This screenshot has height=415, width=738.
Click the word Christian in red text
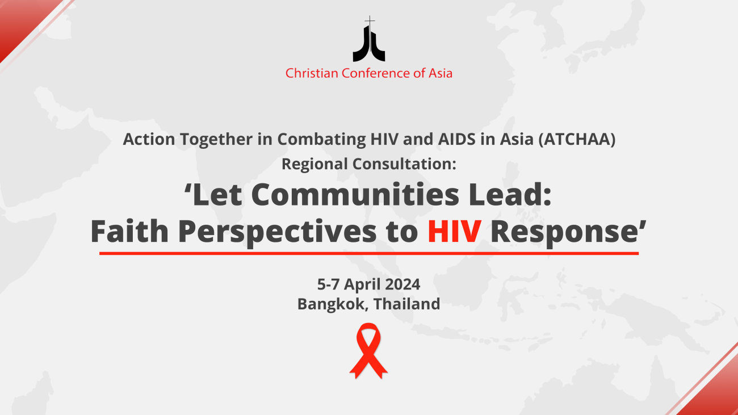click(x=312, y=73)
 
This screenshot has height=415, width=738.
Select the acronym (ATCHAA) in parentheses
click(x=577, y=139)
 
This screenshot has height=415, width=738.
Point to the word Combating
click(x=321, y=139)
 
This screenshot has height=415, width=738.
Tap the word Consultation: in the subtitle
click(x=405, y=164)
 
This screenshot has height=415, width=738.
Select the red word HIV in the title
click(x=454, y=232)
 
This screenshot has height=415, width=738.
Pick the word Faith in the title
click(x=129, y=231)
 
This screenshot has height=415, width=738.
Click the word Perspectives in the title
click(x=278, y=232)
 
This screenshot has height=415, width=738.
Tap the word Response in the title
click(x=565, y=232)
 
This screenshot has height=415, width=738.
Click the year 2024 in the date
click(x=402, y=284)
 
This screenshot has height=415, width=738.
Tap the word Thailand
click(x=407, y=304)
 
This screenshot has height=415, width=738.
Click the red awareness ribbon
click(x=368, y=350)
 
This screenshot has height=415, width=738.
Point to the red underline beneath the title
click(x=369, y=253)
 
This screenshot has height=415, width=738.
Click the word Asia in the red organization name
click(x=440, y=73)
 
